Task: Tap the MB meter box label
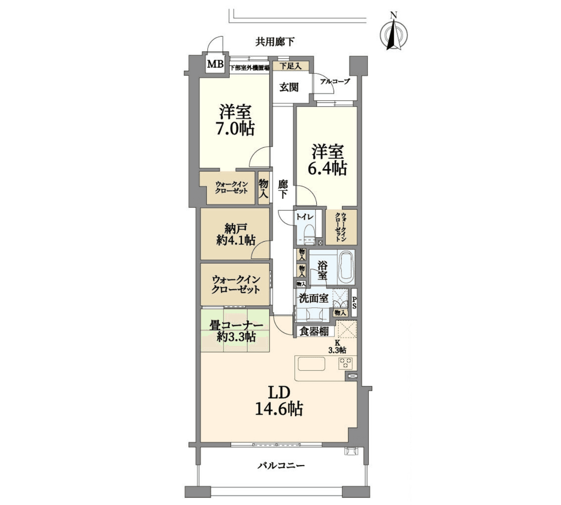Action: pyautogui.click(x=216, y=64)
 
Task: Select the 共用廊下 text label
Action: pyautogui.click(x=275, y=42)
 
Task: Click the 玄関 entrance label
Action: pyautogui.click(x=289, y=87)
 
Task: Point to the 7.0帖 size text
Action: pyautogui.click(x=235, y=129)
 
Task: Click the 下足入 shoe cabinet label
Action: pyautogui.click(x=290, y=66)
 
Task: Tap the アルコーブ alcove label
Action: pyautogui.click(x=335, y=81)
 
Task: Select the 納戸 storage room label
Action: pyautogui.click(x=235, y=228)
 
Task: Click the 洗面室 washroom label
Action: pyautogui.click(x=313, y=298)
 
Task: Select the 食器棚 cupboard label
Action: pyautogui.click(x=314, y=332)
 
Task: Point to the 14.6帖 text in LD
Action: pyautogui.click(x=279, y=408)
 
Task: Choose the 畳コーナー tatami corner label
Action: pyautogui.click(x=236, y=325)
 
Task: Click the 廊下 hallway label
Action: pyautogui.click(x=283, y=189)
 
